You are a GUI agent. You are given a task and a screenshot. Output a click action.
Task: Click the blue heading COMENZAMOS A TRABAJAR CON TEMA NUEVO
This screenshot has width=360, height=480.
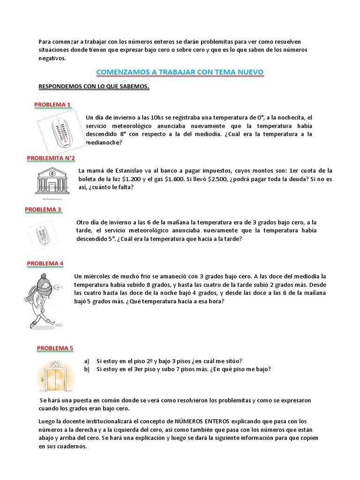[x=180, y=72]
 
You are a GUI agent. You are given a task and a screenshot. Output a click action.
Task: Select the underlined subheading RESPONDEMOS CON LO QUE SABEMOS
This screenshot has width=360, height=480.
[x=93, y=87]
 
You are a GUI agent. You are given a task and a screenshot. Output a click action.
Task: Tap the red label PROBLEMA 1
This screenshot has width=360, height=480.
[x=52, y=104]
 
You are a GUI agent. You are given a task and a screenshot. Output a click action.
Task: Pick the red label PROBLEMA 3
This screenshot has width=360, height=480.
[x=43, y=210]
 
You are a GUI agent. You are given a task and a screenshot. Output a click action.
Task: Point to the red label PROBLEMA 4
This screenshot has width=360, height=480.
[x=45, y=263]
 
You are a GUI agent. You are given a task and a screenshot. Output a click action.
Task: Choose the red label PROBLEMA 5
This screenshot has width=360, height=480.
[x=55, y=348]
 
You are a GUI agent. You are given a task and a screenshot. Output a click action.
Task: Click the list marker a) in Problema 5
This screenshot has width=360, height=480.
[x=87, y=360]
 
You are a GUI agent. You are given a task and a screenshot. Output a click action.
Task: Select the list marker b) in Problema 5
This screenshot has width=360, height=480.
[x=87, y=369]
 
